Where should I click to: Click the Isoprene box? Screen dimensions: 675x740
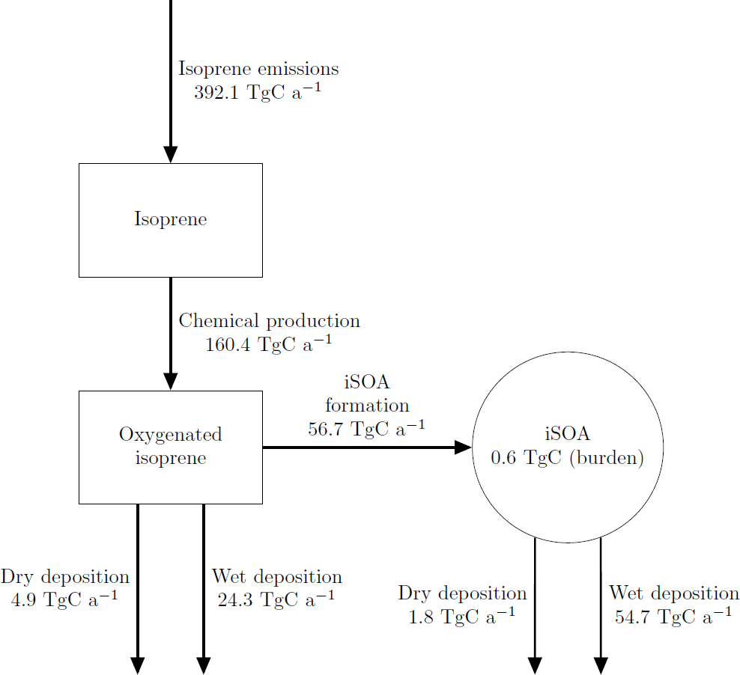(171, 220)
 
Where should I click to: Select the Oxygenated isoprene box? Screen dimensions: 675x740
(171, 447)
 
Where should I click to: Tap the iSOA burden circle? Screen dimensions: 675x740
(567, 447)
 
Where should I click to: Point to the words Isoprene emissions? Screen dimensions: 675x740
(258, 70)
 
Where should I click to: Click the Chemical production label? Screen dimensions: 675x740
(269, 321)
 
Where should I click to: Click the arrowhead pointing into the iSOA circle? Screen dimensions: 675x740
(464, 448)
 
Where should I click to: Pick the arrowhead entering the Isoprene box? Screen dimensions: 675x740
(171, 155)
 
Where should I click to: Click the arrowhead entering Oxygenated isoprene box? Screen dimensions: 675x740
(171, 382)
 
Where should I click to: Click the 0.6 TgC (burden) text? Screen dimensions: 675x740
(567, 458)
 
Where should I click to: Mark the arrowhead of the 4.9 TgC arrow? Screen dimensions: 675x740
(138, 665)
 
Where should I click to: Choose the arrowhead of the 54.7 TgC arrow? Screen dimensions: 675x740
(601, 665)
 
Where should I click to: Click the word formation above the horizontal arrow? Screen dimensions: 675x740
(367, 406)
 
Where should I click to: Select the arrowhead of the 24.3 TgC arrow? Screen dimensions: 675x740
(204, 665)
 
